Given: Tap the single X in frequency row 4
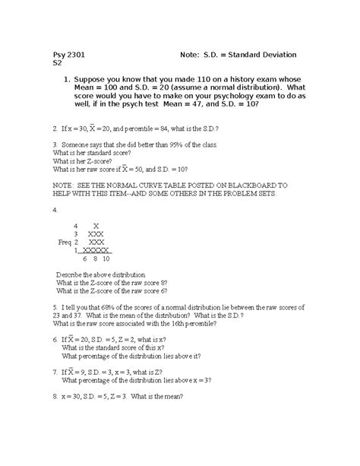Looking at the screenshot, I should (96, 226).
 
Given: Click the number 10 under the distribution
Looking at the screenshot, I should (108, 259).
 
